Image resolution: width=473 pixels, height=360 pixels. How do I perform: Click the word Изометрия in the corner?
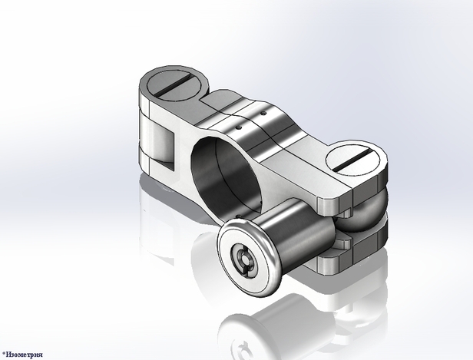coord(24,355)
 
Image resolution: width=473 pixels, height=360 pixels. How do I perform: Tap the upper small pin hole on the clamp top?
coord(264,114)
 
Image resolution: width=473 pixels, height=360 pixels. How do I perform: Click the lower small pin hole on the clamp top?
coord(239,127)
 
